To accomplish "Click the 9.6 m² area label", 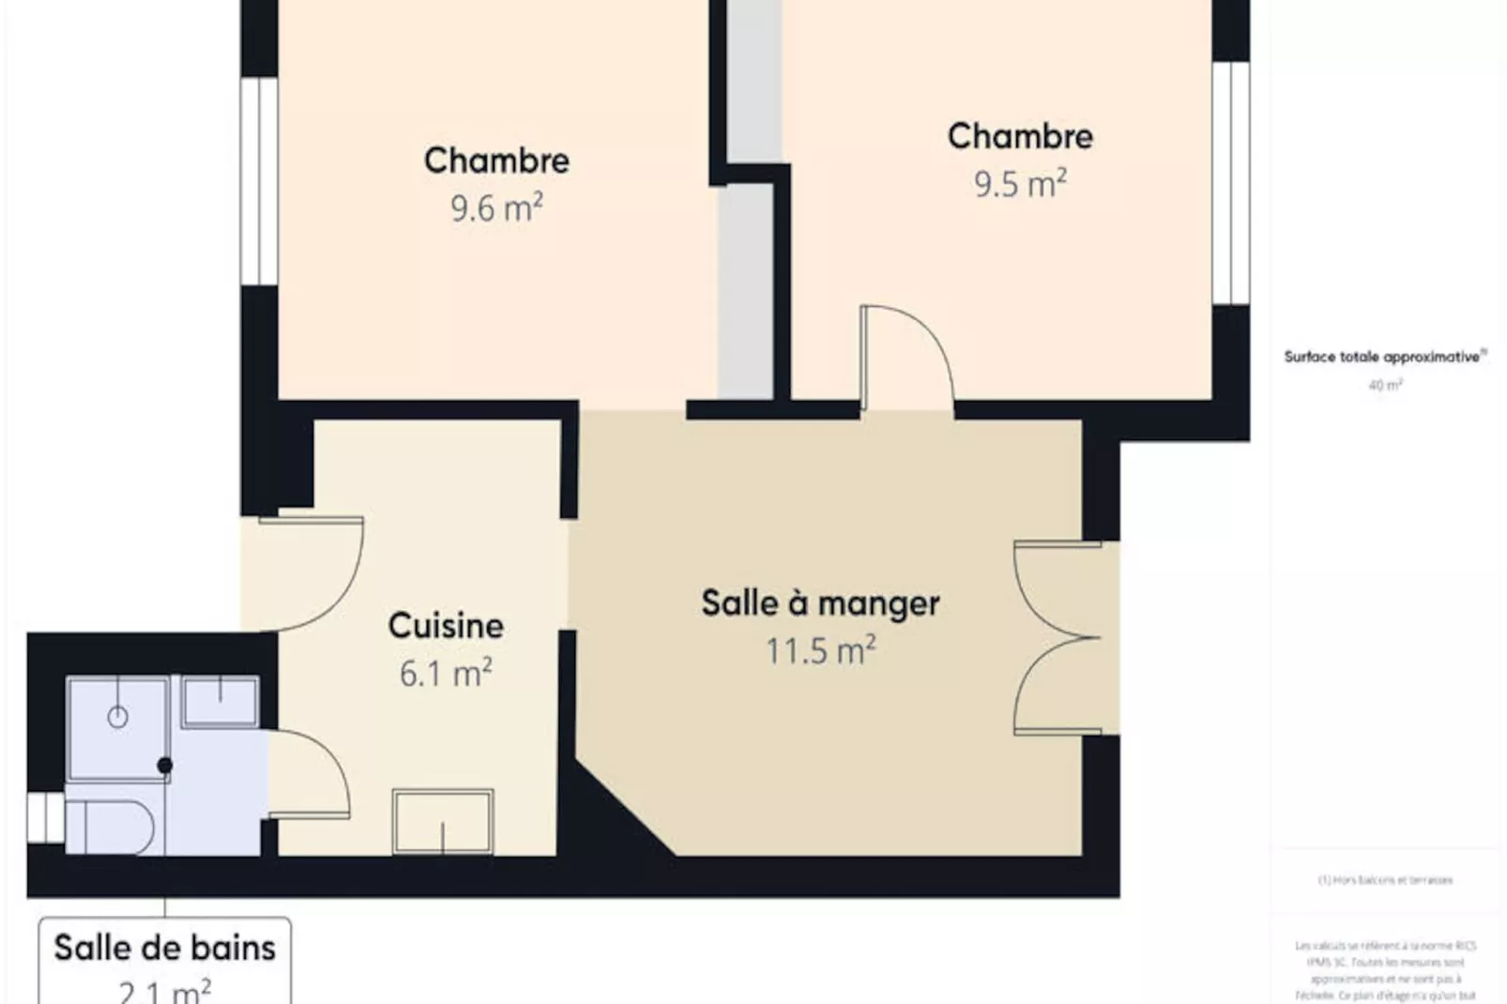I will point(496,207).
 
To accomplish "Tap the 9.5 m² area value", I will point(1019,183).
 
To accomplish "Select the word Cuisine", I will point(446,626).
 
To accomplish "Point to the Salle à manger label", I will point(820,603).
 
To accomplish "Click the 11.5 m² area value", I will point(820,650).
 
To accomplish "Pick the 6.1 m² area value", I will point(446,673).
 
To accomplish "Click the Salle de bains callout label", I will point(164,948).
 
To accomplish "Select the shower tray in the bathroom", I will point(117,727).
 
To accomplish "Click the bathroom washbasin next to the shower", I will point(221,702).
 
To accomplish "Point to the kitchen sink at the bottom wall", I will point(443,823).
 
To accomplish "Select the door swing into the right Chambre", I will point(906,357).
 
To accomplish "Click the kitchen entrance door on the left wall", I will point(310,572).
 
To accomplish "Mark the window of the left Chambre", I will point(259,181).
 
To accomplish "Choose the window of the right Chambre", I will point(1230,183).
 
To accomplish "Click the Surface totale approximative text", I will point(1384,357).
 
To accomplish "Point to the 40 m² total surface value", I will point(1385,385).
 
